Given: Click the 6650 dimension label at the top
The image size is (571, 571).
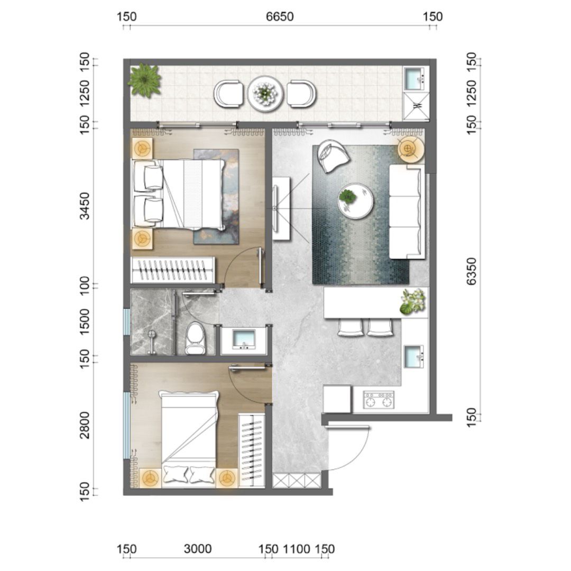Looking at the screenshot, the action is [280, 17].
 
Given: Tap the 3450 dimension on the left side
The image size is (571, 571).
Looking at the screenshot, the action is [85, 206].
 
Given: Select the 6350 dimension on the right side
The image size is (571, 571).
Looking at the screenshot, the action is [471, 271].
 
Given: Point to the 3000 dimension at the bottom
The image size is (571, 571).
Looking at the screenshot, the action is [197, 549].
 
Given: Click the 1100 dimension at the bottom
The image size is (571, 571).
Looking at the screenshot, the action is [297, 549].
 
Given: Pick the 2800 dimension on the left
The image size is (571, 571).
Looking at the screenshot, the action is [85, 425].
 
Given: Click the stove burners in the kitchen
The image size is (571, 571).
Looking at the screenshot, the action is [379, 400].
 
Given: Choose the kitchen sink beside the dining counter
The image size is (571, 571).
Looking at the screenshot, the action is [414, 356].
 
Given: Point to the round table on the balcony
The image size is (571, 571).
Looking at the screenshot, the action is [265, 93].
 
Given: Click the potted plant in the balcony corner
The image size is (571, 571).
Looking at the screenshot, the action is [144, 80].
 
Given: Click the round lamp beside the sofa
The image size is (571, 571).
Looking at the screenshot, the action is [411, 149].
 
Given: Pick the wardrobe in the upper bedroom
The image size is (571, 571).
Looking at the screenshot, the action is [172, 270].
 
